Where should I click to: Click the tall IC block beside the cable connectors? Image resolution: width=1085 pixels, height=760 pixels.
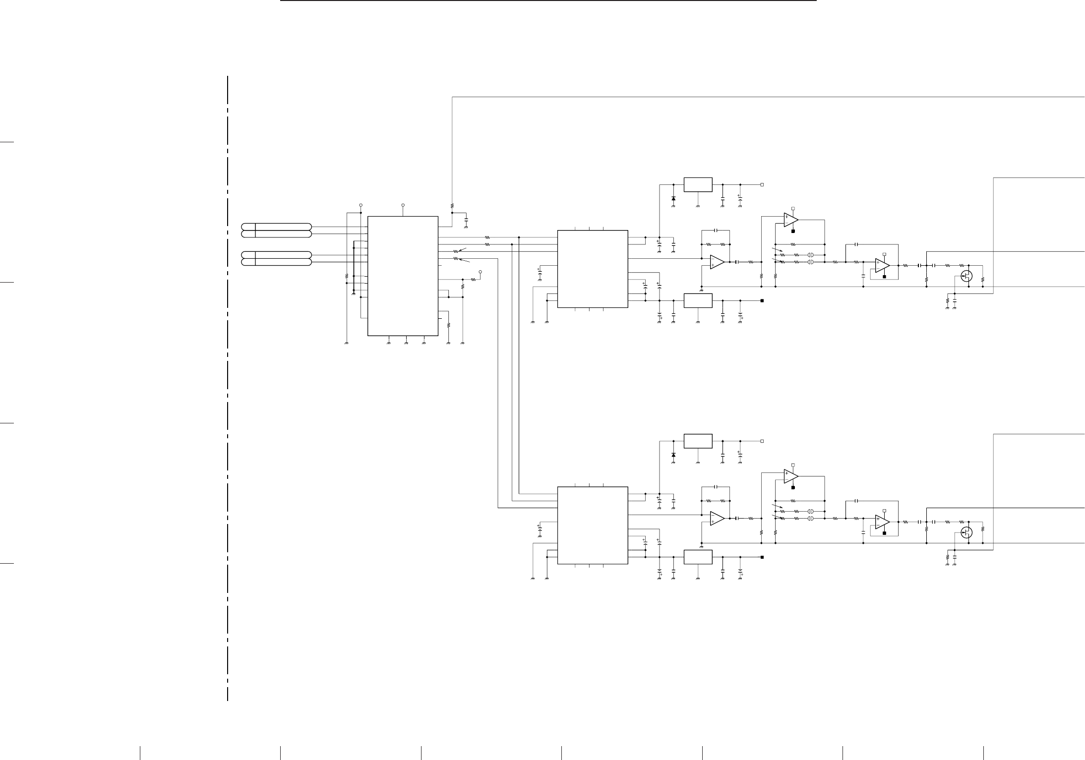coord(403,276)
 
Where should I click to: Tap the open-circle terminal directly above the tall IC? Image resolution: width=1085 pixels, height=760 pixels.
coord(403,204)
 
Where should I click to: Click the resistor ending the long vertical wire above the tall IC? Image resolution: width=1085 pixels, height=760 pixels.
coord(452,205)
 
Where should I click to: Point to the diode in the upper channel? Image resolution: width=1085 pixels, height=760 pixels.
coord(673,198)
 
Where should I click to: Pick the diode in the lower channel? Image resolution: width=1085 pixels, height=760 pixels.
coord(673,455)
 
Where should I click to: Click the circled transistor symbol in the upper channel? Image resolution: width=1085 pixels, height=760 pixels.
coord(965,276)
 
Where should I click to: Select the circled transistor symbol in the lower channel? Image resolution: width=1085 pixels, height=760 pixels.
coord(965,532)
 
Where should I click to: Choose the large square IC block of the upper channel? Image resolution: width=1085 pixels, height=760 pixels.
coord(593,269)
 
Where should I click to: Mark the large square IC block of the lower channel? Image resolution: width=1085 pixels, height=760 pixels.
coord(593,525)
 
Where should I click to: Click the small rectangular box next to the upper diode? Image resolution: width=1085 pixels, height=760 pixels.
coord(698,184)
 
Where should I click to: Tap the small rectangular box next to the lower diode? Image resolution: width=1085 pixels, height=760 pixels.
coord(698,441)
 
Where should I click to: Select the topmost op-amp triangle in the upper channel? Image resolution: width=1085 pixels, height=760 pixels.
coord(790,219)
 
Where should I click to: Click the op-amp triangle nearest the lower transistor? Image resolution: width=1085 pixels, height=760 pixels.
coord(882,522)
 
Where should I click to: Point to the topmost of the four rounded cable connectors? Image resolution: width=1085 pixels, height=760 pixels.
coord(276,227)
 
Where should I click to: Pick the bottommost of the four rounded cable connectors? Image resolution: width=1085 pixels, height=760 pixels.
coord(276,262)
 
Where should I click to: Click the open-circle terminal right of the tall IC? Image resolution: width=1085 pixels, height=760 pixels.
coord(480,272)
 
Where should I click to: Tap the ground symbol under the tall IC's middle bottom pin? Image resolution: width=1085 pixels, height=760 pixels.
coord(406,342)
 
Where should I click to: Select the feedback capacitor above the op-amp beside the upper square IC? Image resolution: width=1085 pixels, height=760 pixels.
coord(716,231)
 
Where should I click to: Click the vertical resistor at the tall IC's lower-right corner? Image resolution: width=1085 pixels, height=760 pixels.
coord(448,325)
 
